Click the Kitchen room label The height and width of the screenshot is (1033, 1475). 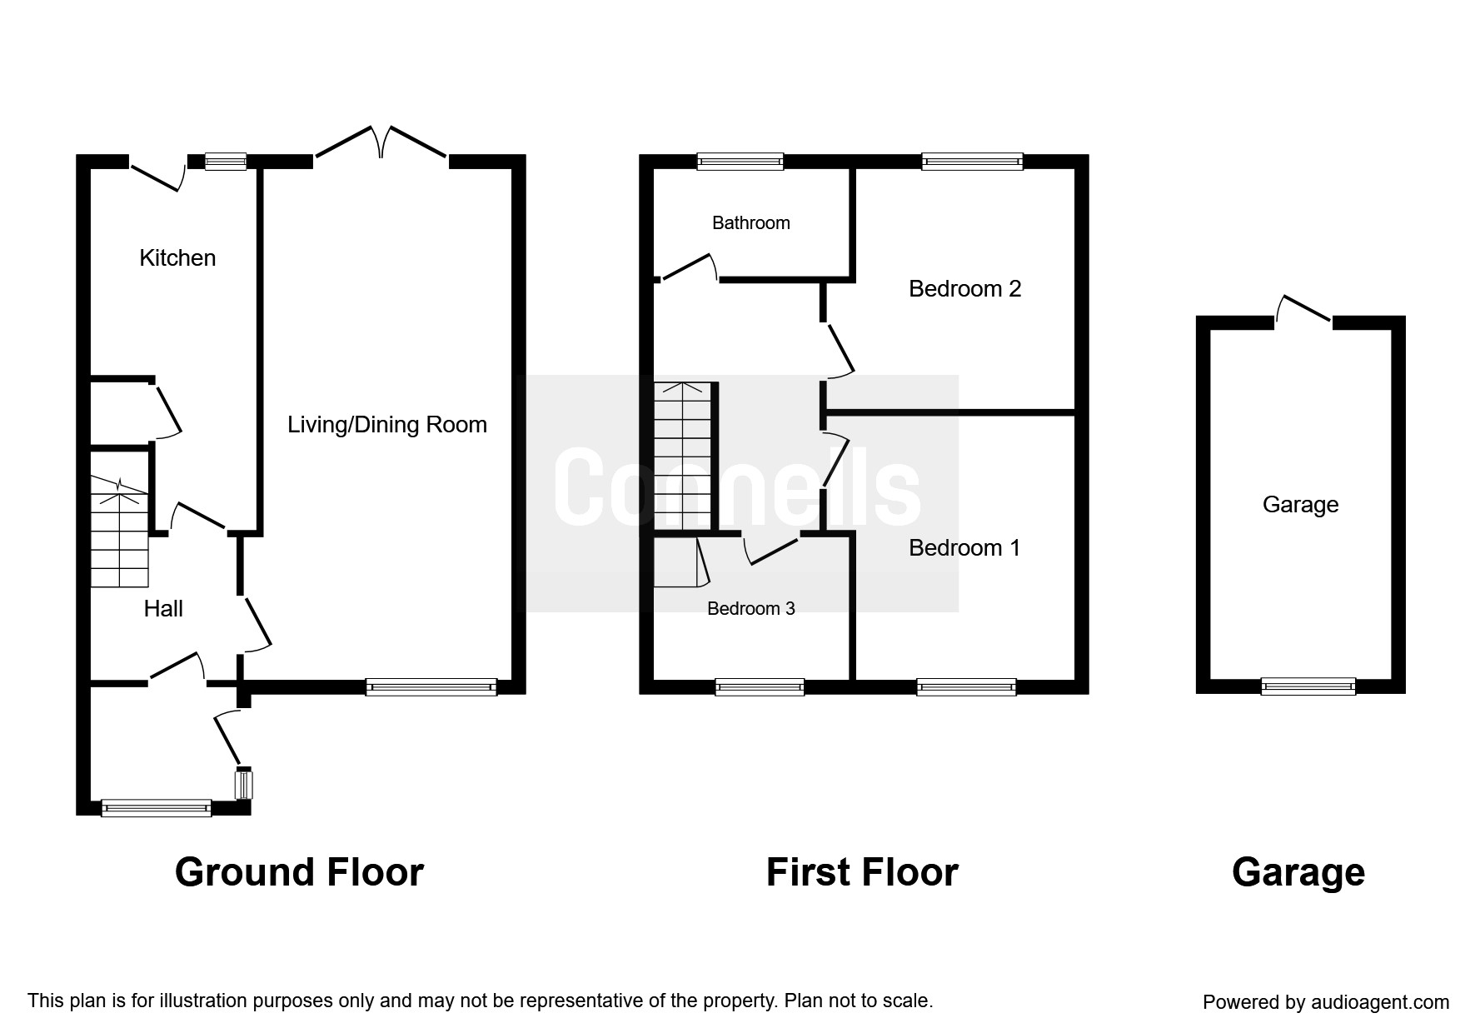pyautogui.click(x=177, y=258)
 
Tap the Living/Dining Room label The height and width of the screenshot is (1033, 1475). pyautogui.click(x=387, y=425)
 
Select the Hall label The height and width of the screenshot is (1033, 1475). pyautogui.click(x=163, y=609)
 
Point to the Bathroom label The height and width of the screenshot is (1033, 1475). pyautogui.click(x=751, y=222)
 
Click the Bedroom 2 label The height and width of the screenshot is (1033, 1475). pyautogui.click(x=965, y=289)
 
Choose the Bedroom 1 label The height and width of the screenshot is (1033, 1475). pyautogui.click(x=964, y=548)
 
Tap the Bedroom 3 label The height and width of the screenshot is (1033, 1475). pyautogui.click(x=751, y=609)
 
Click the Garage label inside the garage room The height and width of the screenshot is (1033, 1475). pyautogui.click(x=1301, y=505)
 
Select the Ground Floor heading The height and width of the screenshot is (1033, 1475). pyautogui.click(x=300, y=873)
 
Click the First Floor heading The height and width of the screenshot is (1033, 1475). pyautogui.click(x=862, y=873)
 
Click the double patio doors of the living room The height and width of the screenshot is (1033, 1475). pyautogui.click(x=381, y=142)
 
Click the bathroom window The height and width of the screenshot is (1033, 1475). pyautogui.click(x=740, y=162)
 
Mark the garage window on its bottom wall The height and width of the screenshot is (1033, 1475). pyautogui.click(x=1308, y=686)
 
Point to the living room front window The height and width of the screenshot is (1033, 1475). pyautogui.click(x=431, y=687)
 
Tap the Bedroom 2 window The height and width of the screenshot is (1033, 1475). pyautogui.click(x=972, y=162)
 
